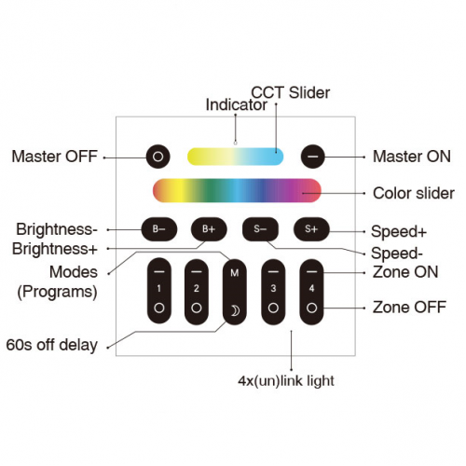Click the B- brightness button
pos(159,229)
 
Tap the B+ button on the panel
pos(209,229)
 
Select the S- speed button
pos(260,229)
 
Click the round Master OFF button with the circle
pos(158,157)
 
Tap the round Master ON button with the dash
pos(312,157)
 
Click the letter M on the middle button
pos(235,273)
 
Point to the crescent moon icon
pos(235,310)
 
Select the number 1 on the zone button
pos(159,289)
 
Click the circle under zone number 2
pos(197,308)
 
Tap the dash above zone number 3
pos(273,271)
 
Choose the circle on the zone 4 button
pos(311,308)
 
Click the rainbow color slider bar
pos(237,190)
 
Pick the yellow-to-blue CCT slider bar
pos(235,157)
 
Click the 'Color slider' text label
pos(414,193)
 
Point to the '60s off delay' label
pos(52,345)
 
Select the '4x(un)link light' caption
pos(286,381)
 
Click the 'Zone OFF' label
pos(409,308)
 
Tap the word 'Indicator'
pos(236,104)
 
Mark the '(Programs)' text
pos(57,292)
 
